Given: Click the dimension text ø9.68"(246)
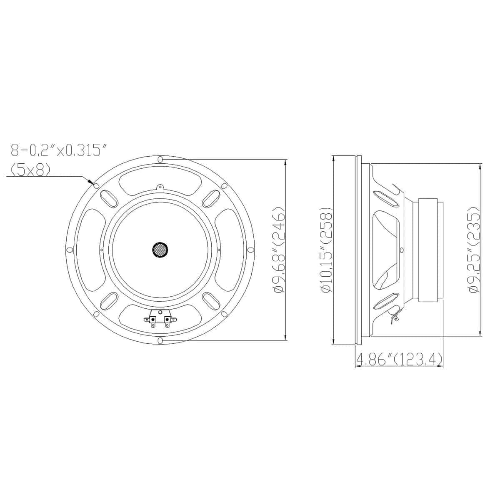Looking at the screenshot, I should [279, 250].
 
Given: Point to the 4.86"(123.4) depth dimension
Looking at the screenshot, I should [398, 359].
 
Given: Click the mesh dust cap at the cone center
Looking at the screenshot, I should [160, 250].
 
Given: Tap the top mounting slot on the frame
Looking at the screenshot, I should [160, 159].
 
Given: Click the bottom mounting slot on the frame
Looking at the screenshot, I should [160, 341].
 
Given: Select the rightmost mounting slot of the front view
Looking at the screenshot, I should [251, 250].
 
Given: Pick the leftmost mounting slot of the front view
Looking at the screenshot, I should [70, 250].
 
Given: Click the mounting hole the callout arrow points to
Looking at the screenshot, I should [96, 186].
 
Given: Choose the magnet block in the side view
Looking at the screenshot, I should [429, 250].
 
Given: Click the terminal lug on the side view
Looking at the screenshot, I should [394, 317].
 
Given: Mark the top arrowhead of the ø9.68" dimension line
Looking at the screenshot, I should [285, 162].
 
